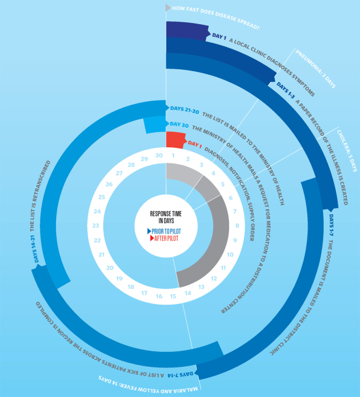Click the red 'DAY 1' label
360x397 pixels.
tap(194, 144)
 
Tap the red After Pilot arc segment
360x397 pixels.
tap(176, 140)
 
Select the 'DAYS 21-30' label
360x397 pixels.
tap(185, 110)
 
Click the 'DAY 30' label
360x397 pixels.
tap(179, 124)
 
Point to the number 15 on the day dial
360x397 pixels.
tap(173, 296)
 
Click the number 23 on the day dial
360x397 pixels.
tap(95, 226)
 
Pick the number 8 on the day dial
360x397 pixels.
tap(237, 226)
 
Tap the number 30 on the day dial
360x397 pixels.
tap(159, 156)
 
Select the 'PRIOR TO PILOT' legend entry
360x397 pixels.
tap(164, 231)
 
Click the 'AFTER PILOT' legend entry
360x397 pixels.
tap(164, 238)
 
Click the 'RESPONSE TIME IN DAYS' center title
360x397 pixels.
tap(166, 217)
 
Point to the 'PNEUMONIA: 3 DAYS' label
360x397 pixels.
tap(316, 69)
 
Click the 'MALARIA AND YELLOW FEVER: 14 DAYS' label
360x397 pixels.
tap(148, 384)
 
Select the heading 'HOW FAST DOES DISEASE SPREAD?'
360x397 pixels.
tap(216, 17)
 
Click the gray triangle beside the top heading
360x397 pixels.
tap(167, 8)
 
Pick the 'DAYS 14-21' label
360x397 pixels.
tap(36, 249)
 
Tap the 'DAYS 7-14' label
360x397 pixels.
tap(180, 374)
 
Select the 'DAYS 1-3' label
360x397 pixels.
tap(286, 91)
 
